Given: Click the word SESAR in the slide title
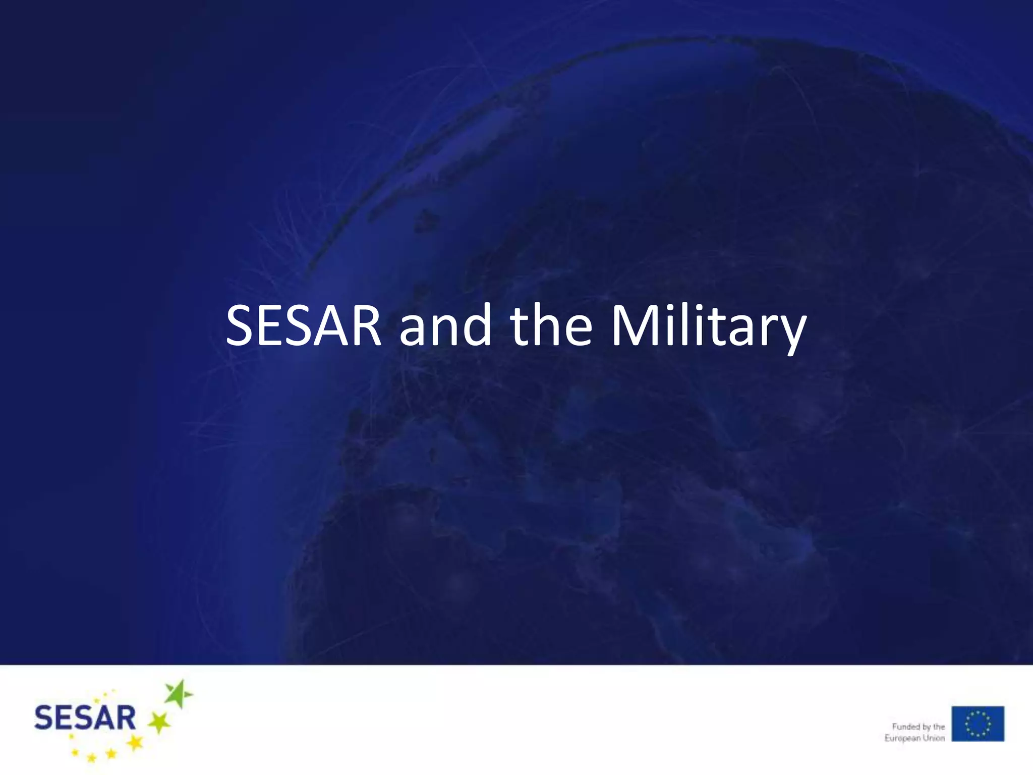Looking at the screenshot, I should tap(303, 326).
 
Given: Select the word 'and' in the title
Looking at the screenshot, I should tap(445, 326).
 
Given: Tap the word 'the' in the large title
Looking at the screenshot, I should tap(551, 326).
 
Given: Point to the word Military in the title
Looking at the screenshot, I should tap(709, 327).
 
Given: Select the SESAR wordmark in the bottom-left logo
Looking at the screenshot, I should tap(85, 718).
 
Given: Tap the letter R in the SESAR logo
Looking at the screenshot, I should tap(124, 718).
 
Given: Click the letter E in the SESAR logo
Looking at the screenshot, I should tap(63, 718).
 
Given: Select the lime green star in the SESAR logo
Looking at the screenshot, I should tap(159, 723).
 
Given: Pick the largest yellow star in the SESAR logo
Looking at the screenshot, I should tap(135, 742).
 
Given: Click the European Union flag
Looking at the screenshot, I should tap(978, 724).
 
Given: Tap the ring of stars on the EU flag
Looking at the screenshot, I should tap(978, 724).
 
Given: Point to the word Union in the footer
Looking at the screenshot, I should tap(934, 738).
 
